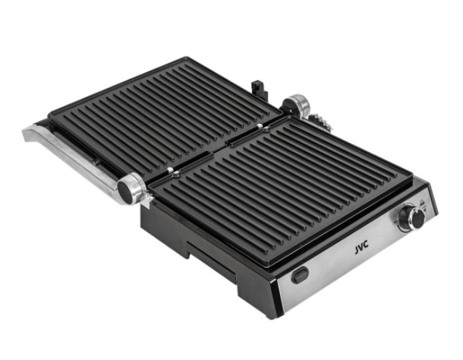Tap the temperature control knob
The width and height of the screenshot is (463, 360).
click(x=412, y=218)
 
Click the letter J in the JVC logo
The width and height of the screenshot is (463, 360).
click(x=356, y=250)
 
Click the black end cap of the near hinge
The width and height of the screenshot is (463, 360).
click(x=125, y=191)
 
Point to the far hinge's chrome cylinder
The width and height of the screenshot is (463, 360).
click(x=297, y=105)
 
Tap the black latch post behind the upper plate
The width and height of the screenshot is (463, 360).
click(x=259, y=89)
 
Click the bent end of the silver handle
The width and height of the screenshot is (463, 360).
click(x=33, y=133)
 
